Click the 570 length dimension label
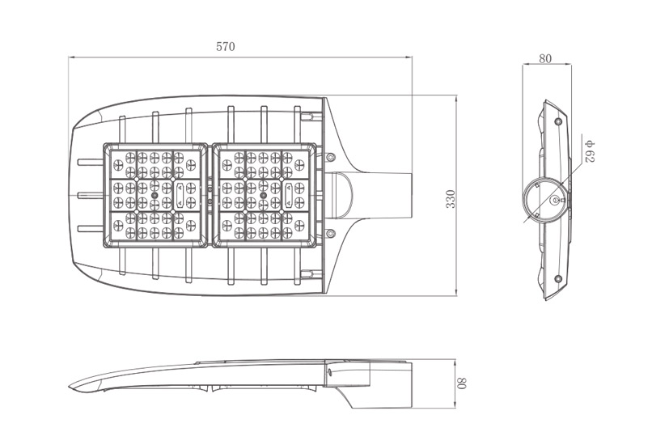(225, 47)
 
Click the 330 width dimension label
(451, 199)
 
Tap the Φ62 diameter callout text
(590, 151)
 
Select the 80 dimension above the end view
(545, 58)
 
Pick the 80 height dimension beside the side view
(463, 383)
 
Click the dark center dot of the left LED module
(155, 195)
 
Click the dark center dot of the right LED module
(263, 195)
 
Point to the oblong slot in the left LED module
(180, 195)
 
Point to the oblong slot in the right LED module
(289, 195)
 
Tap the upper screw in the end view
(557, 122)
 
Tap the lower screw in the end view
(557, 279)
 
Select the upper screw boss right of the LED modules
(329, 157)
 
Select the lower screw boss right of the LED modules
(329, 233)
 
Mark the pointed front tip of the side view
(69, 388)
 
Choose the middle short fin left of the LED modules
(91, 195)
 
